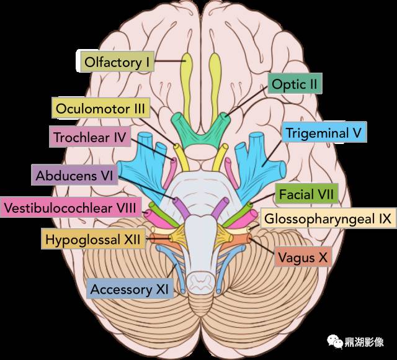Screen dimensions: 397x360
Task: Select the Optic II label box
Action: tap(295, 83)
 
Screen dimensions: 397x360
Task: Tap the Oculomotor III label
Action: tap(100, 108)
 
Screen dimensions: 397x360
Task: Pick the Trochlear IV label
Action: tap(90, 137)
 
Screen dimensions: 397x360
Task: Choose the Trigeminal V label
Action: tap(324, 132)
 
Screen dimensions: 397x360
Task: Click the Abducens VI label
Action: tap(74, 175)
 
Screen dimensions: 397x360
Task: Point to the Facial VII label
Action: tap(306, 194)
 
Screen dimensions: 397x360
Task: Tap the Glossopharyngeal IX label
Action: tap(328, 218)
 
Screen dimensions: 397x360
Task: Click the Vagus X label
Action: tap(303, 257)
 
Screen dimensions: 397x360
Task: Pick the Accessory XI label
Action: tap(130, 289)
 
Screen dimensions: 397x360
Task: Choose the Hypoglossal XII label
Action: tap(93, 238)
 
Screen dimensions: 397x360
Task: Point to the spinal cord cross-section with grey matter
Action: tap(201, 282)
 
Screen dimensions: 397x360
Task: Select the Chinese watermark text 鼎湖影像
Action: tap(364, 342)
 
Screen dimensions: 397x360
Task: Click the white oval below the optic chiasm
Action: tap(201, 152)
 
